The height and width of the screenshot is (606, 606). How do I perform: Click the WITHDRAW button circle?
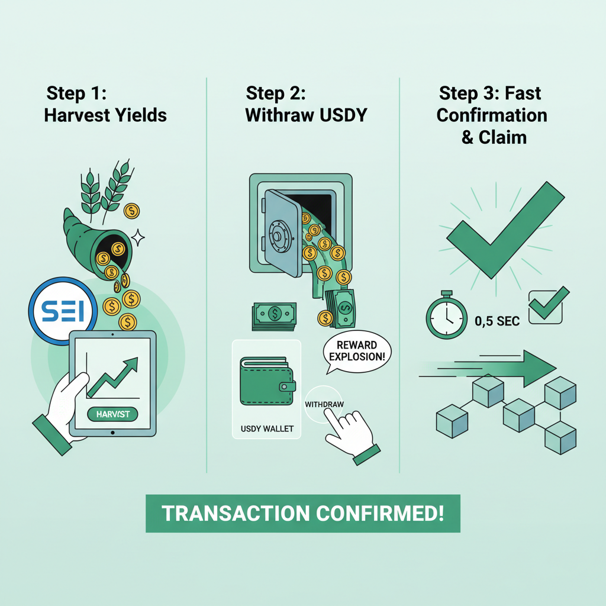tap(325, 405)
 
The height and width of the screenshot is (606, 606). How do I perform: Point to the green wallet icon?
tap(267, 381)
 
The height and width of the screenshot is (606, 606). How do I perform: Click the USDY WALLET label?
tap(267, 428)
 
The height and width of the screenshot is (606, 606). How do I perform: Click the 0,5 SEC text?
tap(497, 321)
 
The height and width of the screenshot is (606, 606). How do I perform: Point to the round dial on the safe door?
tap(278, 232)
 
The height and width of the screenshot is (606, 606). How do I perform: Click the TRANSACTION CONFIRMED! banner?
tap(302, 513)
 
